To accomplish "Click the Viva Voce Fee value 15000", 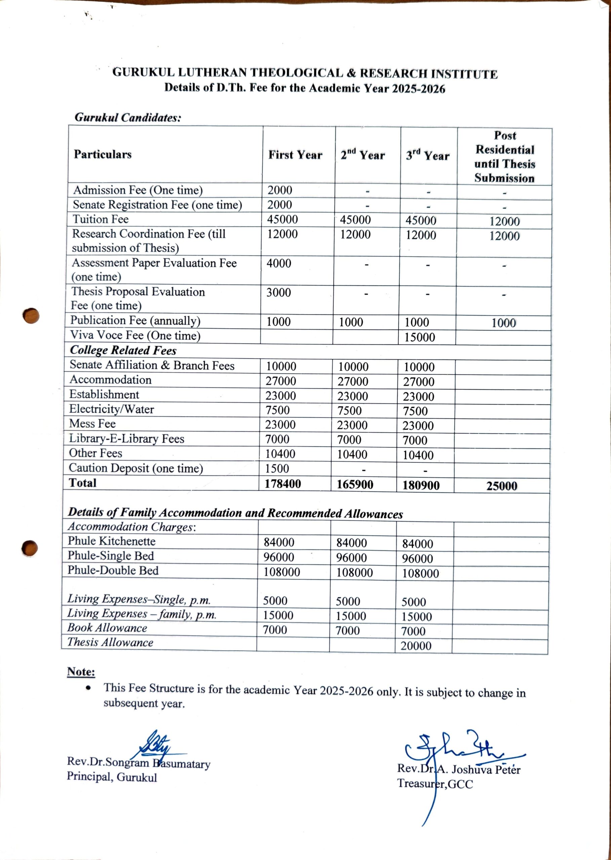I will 419,337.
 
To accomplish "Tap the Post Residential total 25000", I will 501,486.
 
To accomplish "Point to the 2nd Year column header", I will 363,155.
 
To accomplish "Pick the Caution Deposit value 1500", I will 277,469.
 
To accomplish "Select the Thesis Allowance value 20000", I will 416,646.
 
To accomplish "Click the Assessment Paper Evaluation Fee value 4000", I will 279,263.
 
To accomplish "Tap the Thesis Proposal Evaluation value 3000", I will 278,293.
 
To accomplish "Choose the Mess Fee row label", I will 92,424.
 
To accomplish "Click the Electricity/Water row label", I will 111,409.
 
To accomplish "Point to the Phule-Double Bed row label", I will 113,570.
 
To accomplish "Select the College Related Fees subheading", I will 123,350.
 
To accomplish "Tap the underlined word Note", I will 81,672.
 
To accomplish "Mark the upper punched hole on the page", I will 31,316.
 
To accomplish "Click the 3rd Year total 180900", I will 421,485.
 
